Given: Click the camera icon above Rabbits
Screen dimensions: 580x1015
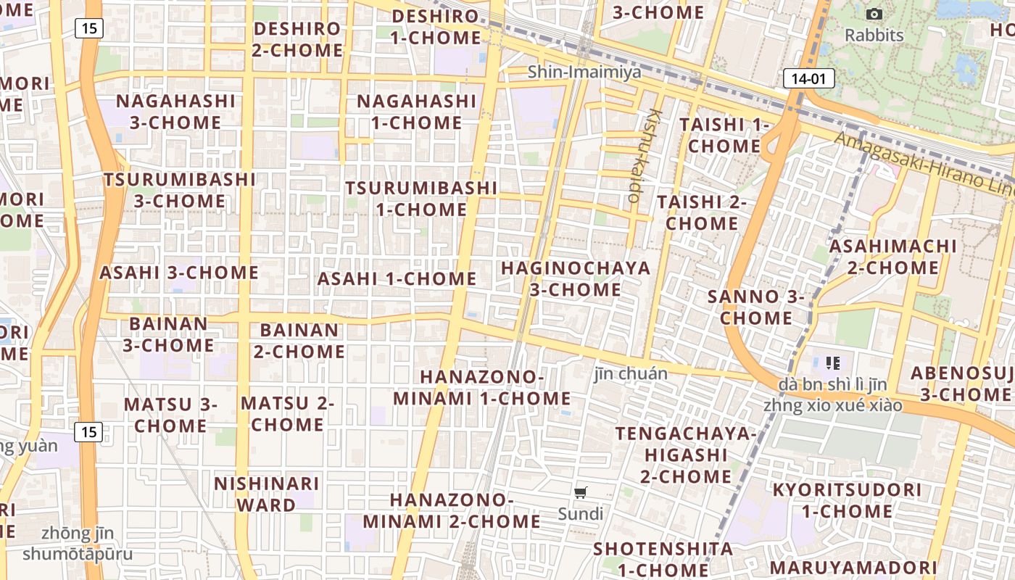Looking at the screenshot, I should [874, 14].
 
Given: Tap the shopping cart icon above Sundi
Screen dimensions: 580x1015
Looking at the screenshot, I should [580, 493].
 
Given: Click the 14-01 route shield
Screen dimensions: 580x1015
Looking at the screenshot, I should [808, 78].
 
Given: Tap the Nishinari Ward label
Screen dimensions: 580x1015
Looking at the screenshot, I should [267, 494].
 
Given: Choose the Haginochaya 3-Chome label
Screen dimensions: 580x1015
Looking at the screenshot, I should [576, 278].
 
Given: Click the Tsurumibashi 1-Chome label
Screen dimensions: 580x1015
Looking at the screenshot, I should [420, 199].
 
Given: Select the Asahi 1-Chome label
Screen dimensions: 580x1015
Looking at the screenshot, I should [397, 278].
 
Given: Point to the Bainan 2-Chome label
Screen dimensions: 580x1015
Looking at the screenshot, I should [299, 341].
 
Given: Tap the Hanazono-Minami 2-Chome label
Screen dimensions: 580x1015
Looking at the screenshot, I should [451, 510].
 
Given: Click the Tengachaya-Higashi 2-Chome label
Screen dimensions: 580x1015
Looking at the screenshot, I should [685, 455].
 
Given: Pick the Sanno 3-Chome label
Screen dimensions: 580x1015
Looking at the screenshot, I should [756, 307].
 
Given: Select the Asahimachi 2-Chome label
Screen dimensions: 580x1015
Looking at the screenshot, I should [892, 257].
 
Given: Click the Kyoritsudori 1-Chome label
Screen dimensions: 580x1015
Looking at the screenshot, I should [847, 500].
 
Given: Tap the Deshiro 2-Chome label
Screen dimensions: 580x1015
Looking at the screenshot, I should [298, 39].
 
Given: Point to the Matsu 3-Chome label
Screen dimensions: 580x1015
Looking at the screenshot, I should [170, 415].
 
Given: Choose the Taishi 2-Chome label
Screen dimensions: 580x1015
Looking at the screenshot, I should [701, 212].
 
